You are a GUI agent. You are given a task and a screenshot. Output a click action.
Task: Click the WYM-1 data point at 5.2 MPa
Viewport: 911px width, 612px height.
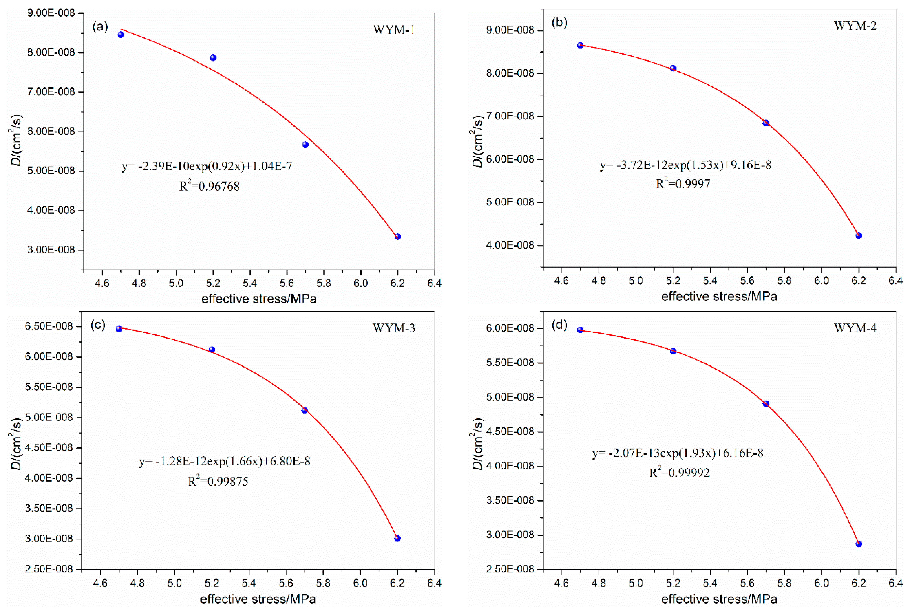pyautogui.click(x=213, y=58)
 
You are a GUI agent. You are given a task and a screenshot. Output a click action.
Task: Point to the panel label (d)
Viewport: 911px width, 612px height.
pyautogui.click(x=559, y=325)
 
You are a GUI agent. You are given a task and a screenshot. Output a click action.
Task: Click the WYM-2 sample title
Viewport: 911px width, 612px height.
pyautogui.click(x=855, y=26)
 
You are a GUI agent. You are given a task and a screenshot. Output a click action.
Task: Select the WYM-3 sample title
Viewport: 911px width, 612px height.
pyautogui.click(x=393, y=328)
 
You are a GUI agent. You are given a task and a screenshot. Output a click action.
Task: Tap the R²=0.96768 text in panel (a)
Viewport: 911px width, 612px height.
pyautogui.click(x=209, y=186)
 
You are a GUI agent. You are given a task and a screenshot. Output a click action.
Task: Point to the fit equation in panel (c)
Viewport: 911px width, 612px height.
pyautogui.click(x=225, y=461)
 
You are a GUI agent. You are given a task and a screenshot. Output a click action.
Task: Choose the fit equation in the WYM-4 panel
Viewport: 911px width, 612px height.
pyautogui.click(x=678, y=453)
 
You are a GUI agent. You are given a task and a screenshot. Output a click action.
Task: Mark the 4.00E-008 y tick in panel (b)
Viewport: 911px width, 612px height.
pyautogui.click(x=510, y=246)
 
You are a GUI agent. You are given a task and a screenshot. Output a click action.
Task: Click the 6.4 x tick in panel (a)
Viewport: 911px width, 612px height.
pyautogui.click(x=434, y=283)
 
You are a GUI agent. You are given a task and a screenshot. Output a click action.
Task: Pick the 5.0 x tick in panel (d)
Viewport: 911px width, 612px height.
pyautogui.click(x=636, y=583)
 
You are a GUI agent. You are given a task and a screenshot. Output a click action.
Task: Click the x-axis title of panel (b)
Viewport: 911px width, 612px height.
pyautogui.click(x=719, y=297)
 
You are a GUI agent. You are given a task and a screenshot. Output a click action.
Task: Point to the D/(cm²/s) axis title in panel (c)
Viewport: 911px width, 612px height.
pyautogui.click(x=16, y=444)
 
